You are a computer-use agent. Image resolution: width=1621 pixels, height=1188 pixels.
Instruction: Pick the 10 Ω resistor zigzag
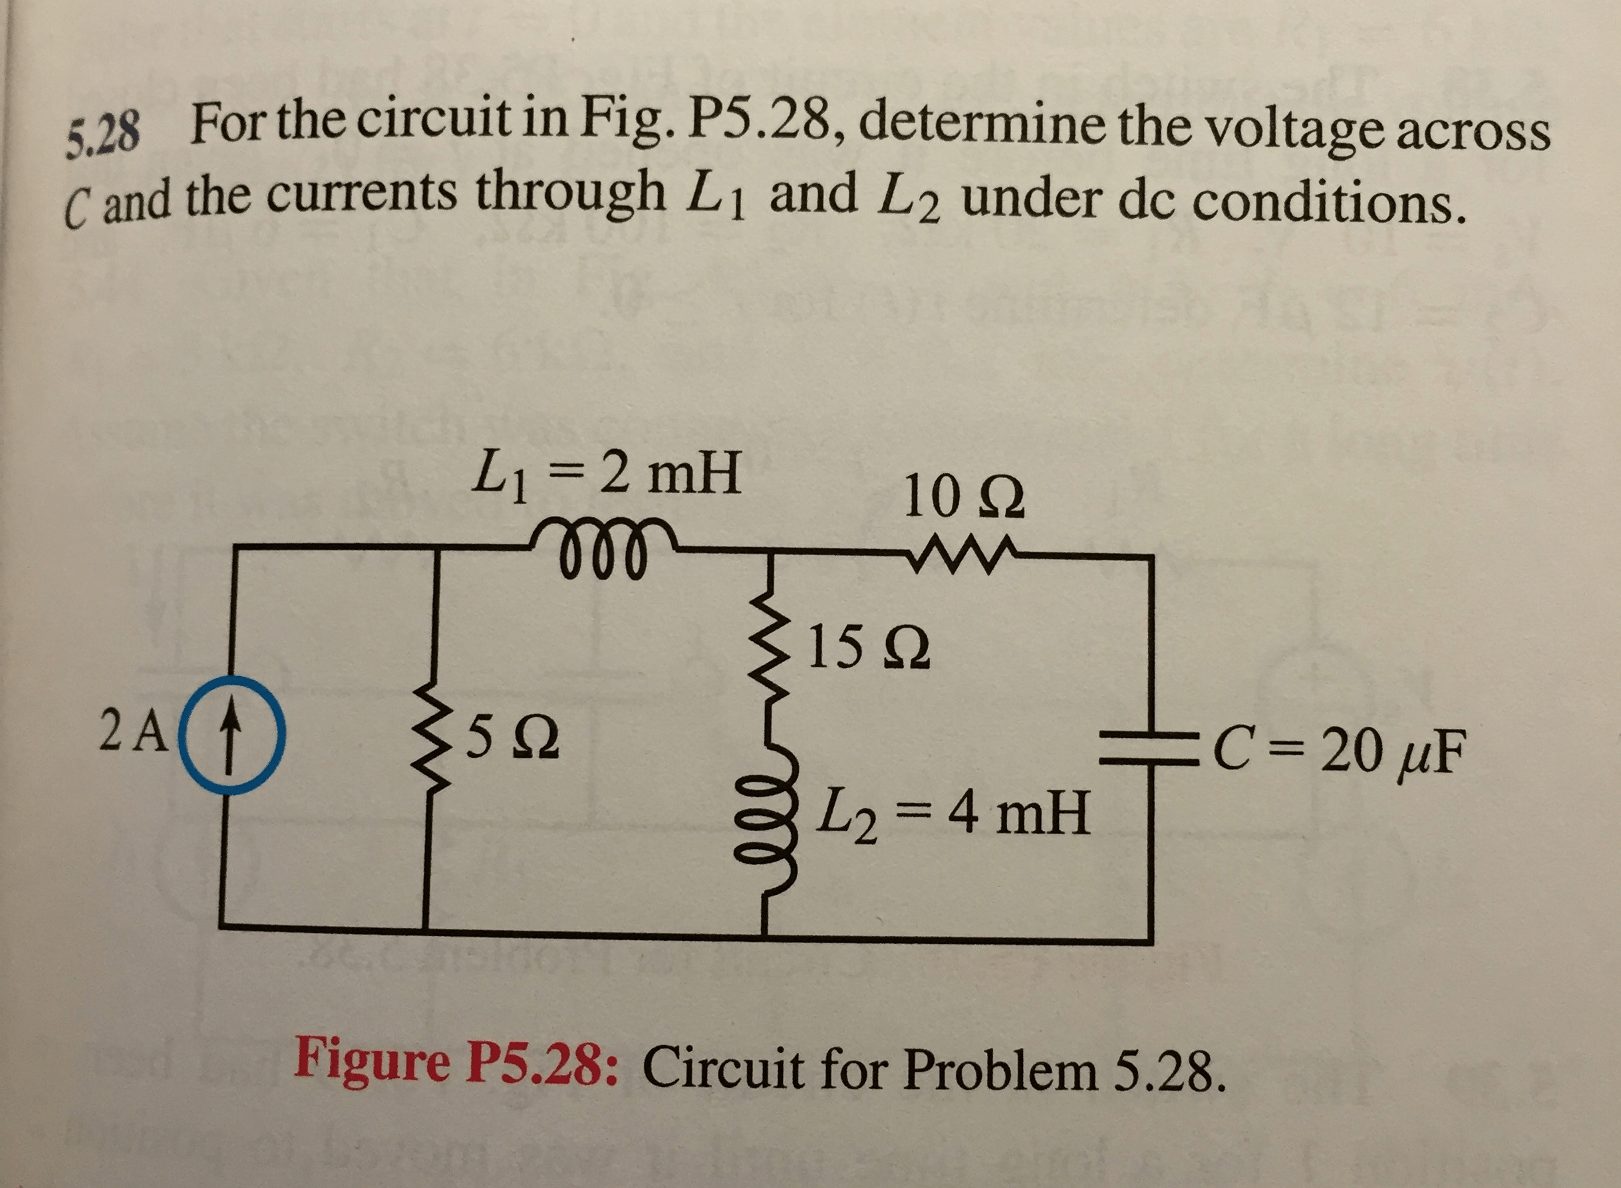click(961, 554)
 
